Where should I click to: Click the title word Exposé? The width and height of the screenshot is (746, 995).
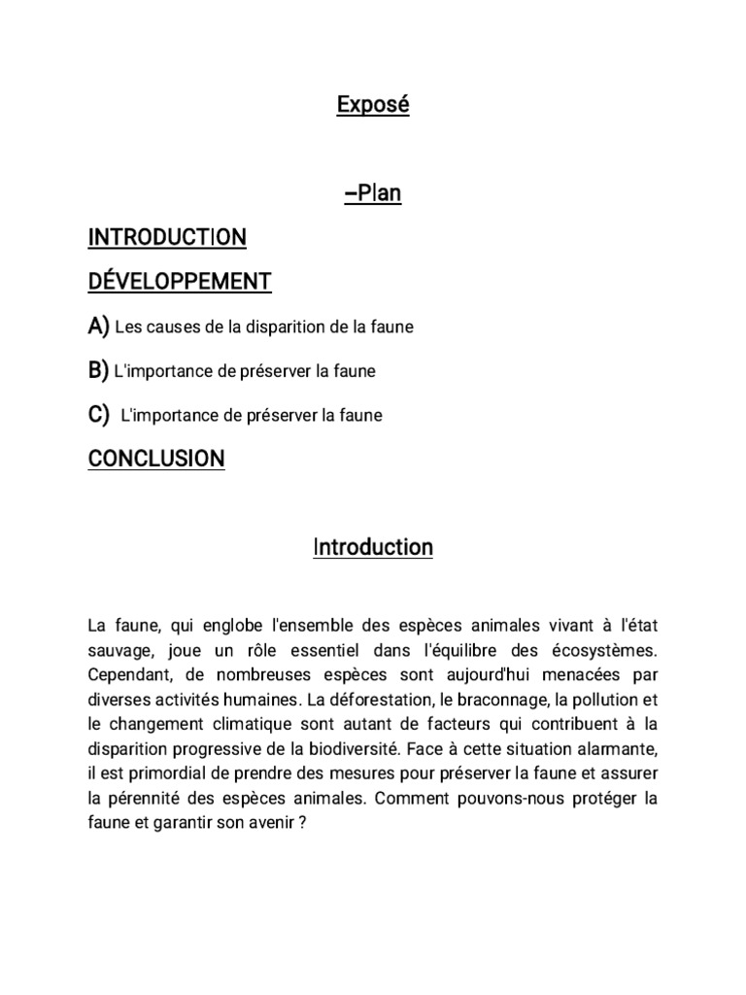click(373, 105)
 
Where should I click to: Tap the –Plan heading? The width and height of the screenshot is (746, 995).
click(373, 193)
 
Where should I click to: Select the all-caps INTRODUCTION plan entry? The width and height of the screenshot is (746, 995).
click(167, 237)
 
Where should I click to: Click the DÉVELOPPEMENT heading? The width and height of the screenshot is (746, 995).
click(180, 282)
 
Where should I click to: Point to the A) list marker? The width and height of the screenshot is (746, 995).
click(98, 326)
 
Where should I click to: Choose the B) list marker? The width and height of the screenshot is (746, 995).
click(98, 370)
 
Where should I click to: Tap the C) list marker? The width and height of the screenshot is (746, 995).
click(98, 415)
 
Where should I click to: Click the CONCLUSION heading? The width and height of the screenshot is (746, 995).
click(156, 458)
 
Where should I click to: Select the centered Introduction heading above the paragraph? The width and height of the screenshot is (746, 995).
click(373, 548)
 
